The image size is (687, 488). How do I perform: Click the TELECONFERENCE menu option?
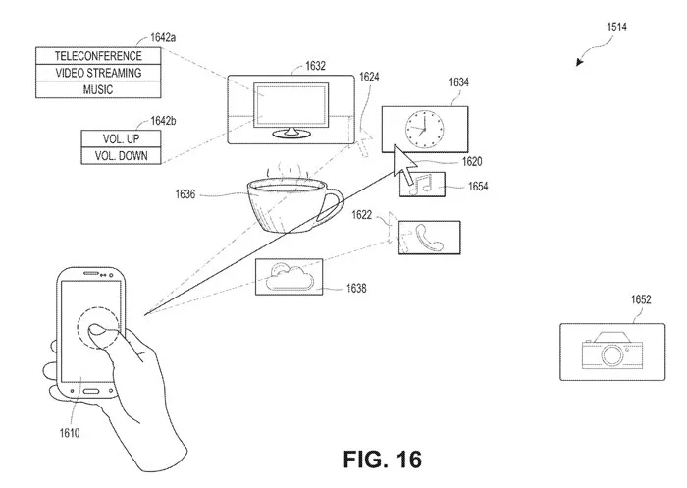pyautogui.click(x=98, y=56)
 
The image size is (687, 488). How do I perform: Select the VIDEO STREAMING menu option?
pyautogui.click(x=98, y=73)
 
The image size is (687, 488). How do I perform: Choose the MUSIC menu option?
pyautogui.click(x=98, y=90)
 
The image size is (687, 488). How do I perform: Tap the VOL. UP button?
pyautogui.click(x=121, y=139)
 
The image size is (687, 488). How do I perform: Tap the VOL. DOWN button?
pyautogui.click(x=121, y=156)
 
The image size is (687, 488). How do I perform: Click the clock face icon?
pyautogui.click(x=424, y=130)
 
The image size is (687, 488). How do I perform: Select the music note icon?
pyautogui.click(x=420, y=185)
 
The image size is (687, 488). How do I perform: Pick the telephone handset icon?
pyautogui.click(x=429, y=238)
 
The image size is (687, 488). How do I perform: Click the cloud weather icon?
pyautogui.click(x=290, y=277)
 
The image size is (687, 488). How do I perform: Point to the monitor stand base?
pyautogui.click(x=291, y=133)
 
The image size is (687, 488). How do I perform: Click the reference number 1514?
pyautogui.click(x=616, y=27)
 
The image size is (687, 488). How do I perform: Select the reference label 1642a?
pyautogui.click(x=163, y=37)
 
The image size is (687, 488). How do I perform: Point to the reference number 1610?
pyautogui.click(x=70, y=433)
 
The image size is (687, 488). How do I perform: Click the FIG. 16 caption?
pyautogui.click(x=383, y=460)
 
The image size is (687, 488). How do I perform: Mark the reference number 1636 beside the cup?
pyautogui.click(x=185, y=193)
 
